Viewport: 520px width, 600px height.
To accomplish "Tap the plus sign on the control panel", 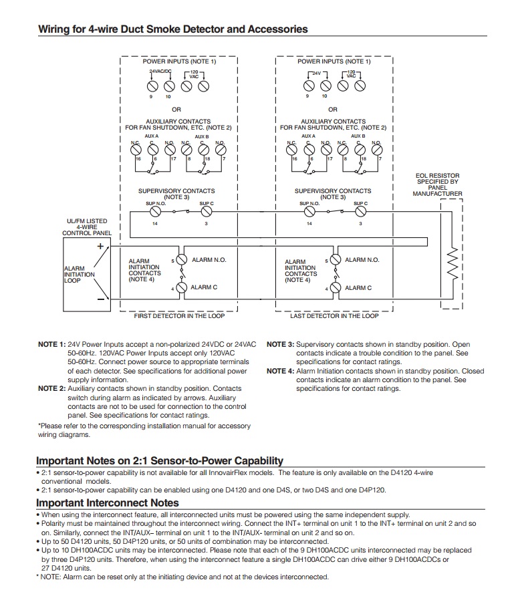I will (x=99, y=246).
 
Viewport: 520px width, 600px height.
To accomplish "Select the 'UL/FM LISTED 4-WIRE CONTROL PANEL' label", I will (x=86, y=227).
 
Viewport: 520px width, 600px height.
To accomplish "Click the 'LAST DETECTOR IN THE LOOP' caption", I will (x=334, y=316).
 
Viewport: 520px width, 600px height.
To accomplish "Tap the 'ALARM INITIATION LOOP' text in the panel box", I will (x=79, y=275).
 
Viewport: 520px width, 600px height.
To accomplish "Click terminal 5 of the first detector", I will (x=182, y=260).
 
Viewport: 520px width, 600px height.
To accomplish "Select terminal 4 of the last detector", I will (x=336, y=288).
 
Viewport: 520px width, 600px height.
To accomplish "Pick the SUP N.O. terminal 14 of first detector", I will (x=155, y=212).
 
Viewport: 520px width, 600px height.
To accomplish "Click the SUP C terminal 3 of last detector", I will (x=360, y=212).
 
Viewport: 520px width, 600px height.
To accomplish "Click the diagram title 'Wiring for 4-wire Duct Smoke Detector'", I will (x=172, y=29).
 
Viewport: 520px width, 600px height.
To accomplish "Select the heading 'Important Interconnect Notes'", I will (x=108, y=502).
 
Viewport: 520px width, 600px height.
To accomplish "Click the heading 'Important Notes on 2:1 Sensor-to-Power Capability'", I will (x=160, y=460).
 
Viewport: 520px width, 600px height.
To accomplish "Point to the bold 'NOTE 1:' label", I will (x=51, y=344).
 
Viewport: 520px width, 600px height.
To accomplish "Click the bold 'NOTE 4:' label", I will (x=280, y=371).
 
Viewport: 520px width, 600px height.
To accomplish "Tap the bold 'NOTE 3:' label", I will (x=280, y=344).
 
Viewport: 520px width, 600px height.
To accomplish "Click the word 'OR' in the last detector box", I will (x=333, y=109).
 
